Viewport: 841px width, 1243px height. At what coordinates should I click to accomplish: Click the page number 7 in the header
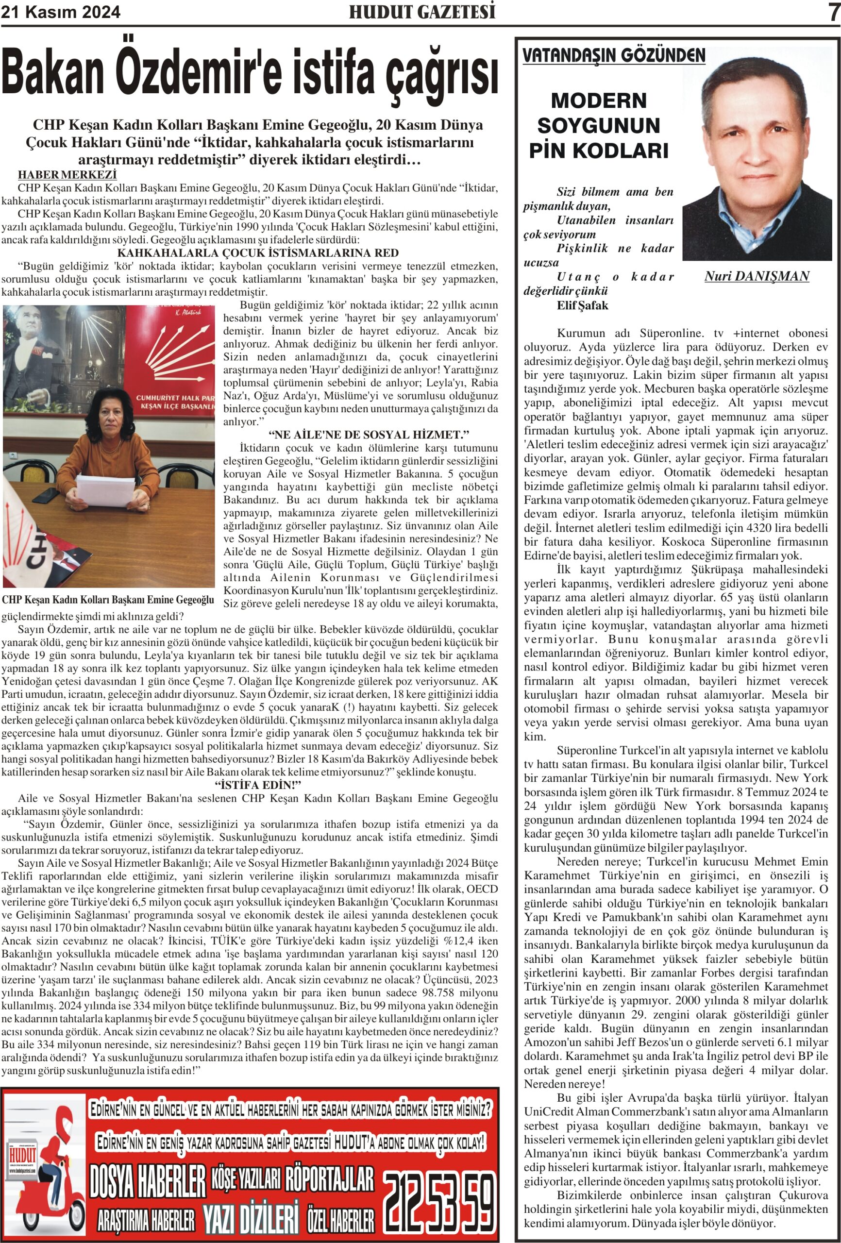(x=833, y=12)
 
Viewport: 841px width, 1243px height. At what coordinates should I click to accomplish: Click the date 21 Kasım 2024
(x=61, y=12)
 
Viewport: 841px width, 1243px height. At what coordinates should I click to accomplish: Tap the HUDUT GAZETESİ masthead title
(x=421, y=12)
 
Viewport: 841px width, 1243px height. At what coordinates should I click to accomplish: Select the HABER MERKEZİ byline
(x=67, y=174)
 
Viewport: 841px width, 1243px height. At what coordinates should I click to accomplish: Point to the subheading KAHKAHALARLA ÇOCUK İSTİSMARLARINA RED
(x=258, y=253)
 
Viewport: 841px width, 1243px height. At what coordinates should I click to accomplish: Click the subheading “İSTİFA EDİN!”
(x=258, y=785)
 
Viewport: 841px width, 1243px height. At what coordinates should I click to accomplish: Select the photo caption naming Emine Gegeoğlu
(x=107, y=600)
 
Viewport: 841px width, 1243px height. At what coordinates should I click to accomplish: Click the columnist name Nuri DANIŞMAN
(x=757, y=276)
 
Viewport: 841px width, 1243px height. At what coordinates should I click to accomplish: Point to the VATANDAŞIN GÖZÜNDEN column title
(x=614, y=56)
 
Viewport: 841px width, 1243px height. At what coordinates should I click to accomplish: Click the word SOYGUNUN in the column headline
(x=599, y=126)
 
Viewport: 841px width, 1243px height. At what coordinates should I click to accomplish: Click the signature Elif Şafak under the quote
(x=582, y=305)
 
